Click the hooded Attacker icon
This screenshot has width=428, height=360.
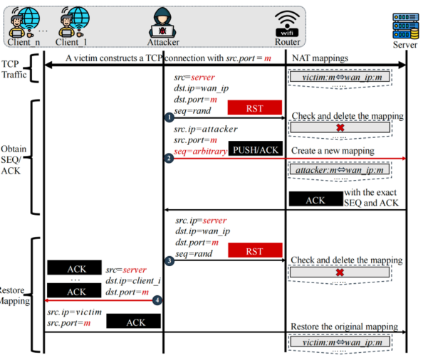point(162,23)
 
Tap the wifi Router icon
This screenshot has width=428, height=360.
point(287,24)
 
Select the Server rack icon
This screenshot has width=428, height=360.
point(406,26)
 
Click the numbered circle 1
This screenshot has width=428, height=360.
point(169,117)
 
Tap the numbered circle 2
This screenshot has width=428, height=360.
point(169,158)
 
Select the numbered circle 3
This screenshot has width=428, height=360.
point(169,260)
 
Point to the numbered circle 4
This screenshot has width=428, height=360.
point(157,300)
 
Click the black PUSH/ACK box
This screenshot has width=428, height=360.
point(256,149)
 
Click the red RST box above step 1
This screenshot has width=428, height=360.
point(255,107)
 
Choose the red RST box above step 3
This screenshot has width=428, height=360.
point(255,250)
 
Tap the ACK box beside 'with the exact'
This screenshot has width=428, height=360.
point(315,198)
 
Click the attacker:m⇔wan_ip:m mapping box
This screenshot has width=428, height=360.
point(340,169)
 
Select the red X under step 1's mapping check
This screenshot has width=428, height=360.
point(340,127)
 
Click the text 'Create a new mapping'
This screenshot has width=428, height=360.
point(333,151)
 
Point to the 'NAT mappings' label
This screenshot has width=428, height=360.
point(320,58)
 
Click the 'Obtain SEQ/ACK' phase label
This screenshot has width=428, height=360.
point(14,160)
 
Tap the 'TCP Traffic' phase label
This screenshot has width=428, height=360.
point(14,69)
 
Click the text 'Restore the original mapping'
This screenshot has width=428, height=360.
point(344,327)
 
